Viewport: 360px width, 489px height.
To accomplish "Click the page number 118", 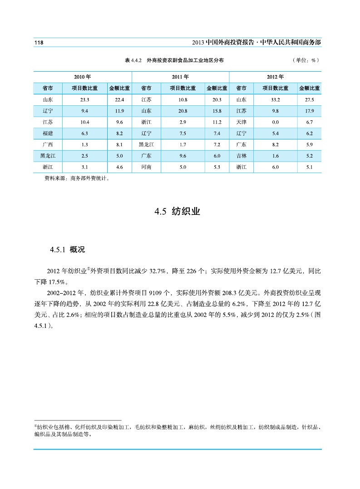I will coord(38,42).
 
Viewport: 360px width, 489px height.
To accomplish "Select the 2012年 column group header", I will coord(275,76).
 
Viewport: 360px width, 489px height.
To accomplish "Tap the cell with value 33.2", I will coord(275,99).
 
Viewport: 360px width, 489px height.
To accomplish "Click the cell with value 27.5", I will coord(310,99).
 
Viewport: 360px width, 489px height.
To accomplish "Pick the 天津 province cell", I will coord(241,122).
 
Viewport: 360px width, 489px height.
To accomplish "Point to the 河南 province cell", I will coord(146,167).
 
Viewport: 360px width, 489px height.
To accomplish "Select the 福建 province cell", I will coord(47,133).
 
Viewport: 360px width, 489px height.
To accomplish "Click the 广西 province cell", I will coord(47,145).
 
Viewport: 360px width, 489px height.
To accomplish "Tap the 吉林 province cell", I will coord(241,156).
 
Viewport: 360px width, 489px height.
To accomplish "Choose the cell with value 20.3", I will coord(217,99).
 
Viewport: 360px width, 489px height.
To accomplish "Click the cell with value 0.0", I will coord(275,122).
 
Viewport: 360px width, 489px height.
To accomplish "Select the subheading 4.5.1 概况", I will coord(67,250).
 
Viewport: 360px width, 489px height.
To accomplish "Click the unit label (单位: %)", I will coord(306,60).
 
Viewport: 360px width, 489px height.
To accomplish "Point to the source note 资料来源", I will coord(72,178).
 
